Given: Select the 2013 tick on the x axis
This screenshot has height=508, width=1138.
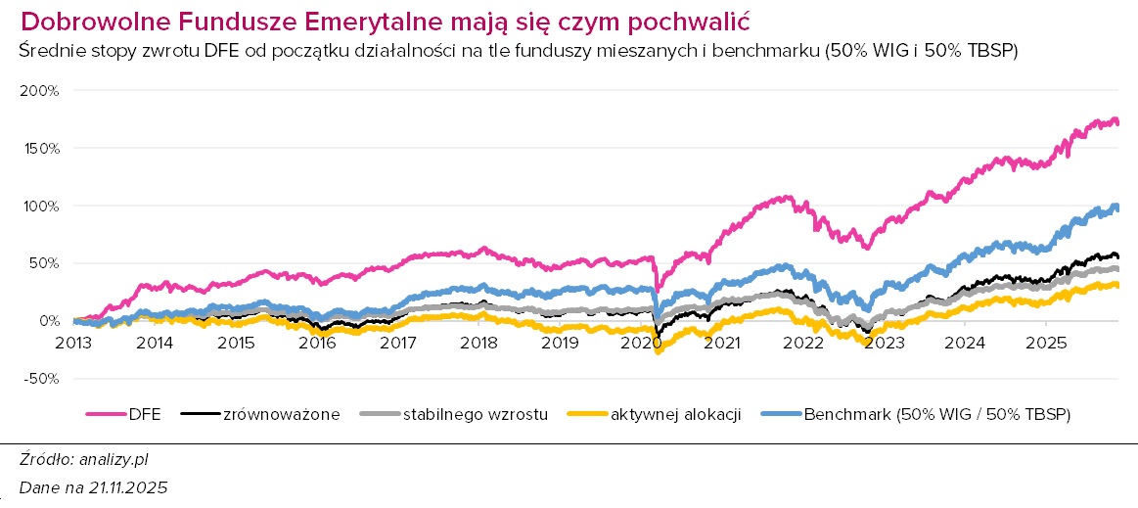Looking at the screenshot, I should click(x=73, y=343).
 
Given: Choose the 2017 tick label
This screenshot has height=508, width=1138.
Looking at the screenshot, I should click(x=397, y=343).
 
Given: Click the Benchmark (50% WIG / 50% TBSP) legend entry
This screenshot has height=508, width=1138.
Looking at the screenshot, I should click(x=936, y=414).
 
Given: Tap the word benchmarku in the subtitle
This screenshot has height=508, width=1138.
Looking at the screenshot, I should click(x=768, y=51).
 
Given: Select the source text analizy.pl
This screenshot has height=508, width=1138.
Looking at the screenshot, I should click(x=113, y=458).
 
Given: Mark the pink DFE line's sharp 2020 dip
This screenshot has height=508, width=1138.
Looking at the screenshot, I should click(x=657, y=291).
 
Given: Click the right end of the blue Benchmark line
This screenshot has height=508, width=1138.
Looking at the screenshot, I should click(x=1118, y=208).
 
